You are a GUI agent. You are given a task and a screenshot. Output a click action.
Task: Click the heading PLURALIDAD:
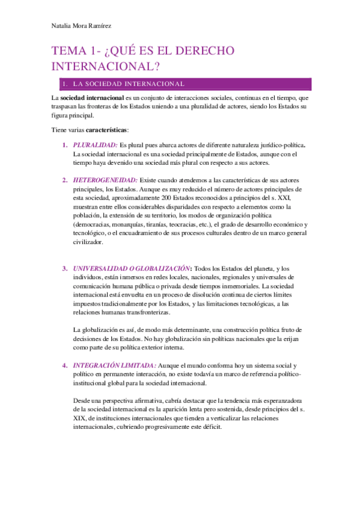click(95, 145)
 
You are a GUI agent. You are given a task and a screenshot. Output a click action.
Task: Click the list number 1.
click(65, 145)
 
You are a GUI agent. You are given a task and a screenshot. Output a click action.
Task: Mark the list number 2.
click(65, 180)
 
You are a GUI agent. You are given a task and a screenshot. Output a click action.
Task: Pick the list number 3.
click(65, 268)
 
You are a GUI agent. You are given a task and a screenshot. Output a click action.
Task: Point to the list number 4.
click(65, 365)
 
